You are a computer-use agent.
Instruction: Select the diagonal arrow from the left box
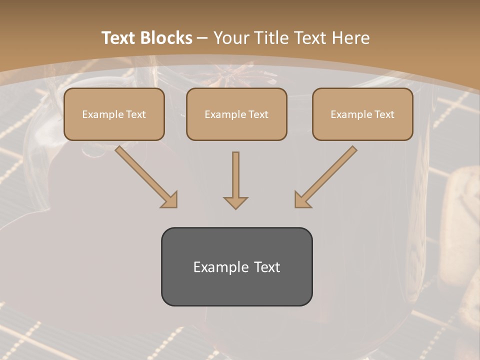pos(145,176)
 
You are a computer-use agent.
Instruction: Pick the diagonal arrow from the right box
pos(326,176)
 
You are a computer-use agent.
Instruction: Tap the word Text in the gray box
pos(267,267)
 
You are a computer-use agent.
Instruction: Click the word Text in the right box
pos(384,114)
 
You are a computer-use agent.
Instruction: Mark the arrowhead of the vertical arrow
pos(235,202)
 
